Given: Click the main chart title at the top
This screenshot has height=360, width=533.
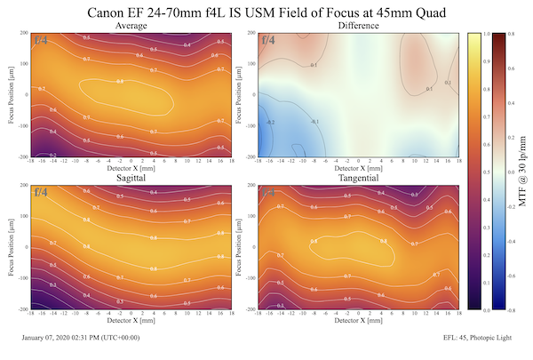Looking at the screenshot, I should coord(266,12).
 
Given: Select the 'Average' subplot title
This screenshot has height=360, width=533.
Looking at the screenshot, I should coord(131,27).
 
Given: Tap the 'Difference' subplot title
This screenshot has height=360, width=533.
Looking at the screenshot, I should coord(358,27).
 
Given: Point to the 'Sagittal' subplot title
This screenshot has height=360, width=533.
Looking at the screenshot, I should coord(131,180).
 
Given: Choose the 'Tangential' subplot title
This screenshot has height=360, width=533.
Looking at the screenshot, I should coord(358,180).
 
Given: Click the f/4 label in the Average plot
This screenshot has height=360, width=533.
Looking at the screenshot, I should coord(42,40).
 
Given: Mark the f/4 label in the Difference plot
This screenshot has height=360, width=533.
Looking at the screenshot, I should coord(268,40).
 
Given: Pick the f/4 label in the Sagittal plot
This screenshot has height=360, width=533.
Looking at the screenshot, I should coord(42,192).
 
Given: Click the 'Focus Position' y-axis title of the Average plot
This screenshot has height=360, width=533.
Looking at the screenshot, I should coord(10,95).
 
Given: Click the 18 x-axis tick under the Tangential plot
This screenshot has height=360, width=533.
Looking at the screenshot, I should coord(458,313).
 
